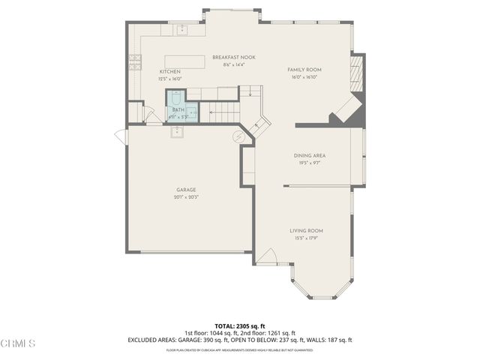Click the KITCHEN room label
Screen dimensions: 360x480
[x=169, y=71]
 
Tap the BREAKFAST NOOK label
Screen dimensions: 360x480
[x=229, y=58]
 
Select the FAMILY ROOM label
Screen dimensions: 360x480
[x=304, y=70]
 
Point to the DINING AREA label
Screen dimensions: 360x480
[x=309, y=155]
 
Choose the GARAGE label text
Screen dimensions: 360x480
[x=186, y=190]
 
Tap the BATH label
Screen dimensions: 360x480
[x=178, y=110]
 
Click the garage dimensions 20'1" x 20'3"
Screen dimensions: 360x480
[x=186, y=197]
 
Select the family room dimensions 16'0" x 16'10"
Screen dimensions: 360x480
[x=304, y=76]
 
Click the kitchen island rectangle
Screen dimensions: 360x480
[x=184, y=61]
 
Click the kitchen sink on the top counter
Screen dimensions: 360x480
[x=181, y=30]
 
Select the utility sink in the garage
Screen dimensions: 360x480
[x=177, y=132]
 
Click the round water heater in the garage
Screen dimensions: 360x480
[x=239, y=136]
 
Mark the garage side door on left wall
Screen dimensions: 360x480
[x=120, y=136]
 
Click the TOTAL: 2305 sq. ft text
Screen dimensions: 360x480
[x=239, y=325]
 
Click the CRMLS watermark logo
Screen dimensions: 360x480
[x=18, y=343]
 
